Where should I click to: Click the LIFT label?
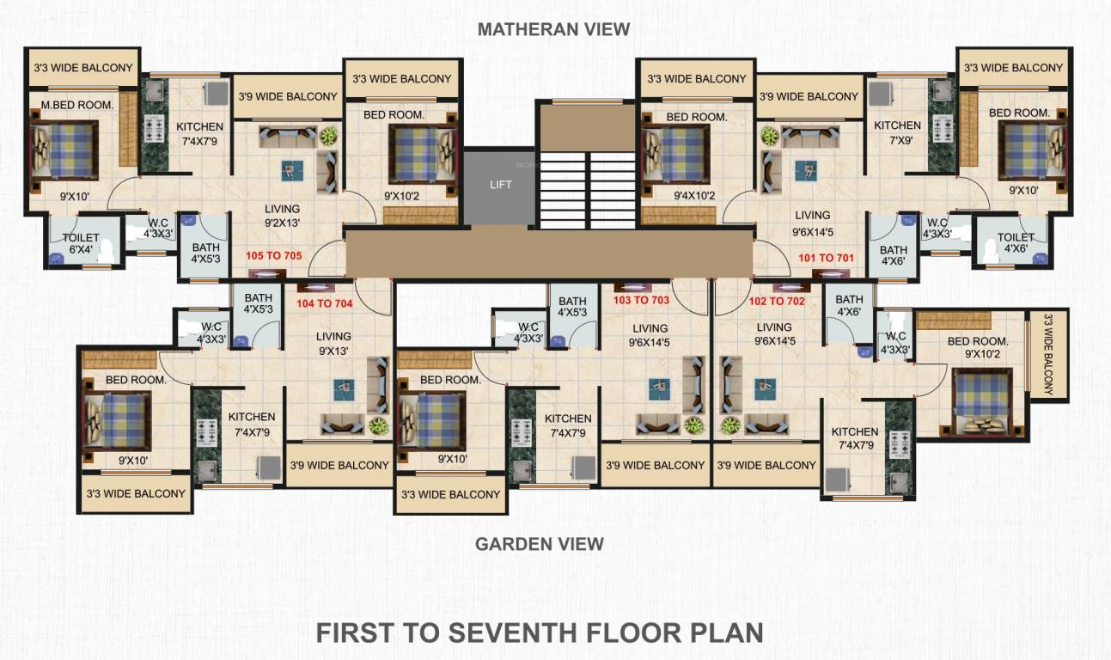[500, 185]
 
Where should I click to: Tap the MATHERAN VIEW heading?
[553, 29]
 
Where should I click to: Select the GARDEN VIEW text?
[540, 544]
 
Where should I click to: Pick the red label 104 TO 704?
[324, 303]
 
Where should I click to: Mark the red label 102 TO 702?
[776, 302]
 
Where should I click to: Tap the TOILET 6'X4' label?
[81, 244]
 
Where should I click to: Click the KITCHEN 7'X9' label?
[897, 132]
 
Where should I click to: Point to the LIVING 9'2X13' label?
[282, 216]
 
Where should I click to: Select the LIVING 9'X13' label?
[333, 343]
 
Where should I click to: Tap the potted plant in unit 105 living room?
[328, 136]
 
